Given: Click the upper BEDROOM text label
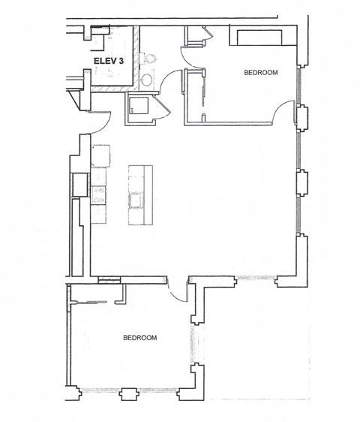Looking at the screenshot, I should coord(261,73).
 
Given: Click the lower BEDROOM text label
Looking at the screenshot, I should coord(139,338).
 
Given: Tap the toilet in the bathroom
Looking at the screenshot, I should coord(148,59).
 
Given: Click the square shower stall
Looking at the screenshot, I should coord(139,108).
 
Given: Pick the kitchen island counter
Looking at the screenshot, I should coord(139,194).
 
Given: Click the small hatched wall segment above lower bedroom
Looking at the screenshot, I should coord(109,279).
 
